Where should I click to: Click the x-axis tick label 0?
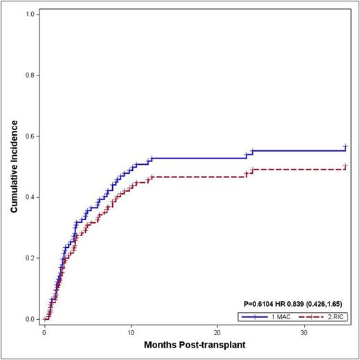(x=44, y=332)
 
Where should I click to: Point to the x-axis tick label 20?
(x=217, y=332)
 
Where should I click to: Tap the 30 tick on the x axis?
(x=304, y=332)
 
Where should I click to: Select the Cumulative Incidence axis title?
(x=13, y=167)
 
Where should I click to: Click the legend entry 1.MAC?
(x=278, y=316)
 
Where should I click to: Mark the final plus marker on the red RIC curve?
(x=345, y=166)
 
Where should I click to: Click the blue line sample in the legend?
(x=253, y=316)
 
